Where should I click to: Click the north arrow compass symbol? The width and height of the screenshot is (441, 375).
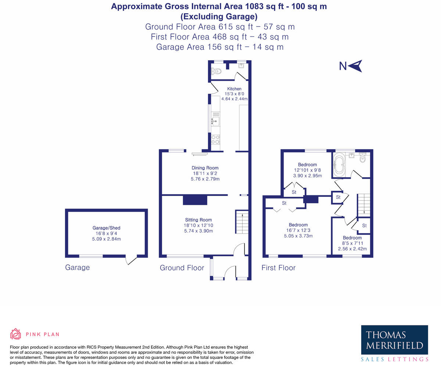pyautogui.click(x=355, y=66)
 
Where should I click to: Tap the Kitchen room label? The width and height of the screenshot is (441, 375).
pyautogui.click(x=234, y=89)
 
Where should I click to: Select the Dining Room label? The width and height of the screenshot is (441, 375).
pyautogui.click(x=205, y=168)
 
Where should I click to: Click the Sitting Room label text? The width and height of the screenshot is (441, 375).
pyautogui.click(x=198, y=220)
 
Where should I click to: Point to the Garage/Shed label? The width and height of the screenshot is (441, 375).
pyautogui.click(x=106, y=228)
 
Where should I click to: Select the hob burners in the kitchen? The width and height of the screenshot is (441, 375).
pyautogui.click(x=215, y=139)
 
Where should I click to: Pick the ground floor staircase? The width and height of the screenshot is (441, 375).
pyautogui.click(x=241, y=222)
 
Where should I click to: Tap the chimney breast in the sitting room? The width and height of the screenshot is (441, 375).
pyautogui.click(x=195, y=200)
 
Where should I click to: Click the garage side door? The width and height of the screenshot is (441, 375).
pyautogui.click(x=131, y=260)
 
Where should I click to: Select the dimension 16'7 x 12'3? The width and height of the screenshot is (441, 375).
pyautogui.click(x=298, y=231)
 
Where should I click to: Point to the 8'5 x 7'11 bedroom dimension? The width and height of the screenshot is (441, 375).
pyautogui.click(x=352, y=243)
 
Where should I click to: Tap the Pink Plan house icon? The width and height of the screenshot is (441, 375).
pyautogui.click(x=15, y=334)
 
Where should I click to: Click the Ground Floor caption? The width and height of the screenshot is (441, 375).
pyautogui.click(x=182, y=268)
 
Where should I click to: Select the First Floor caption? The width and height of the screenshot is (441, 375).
pyautogui.click(x=278, y=268)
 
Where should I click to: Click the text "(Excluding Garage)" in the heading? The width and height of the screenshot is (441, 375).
pyautogui.click(x=219, y=17)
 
